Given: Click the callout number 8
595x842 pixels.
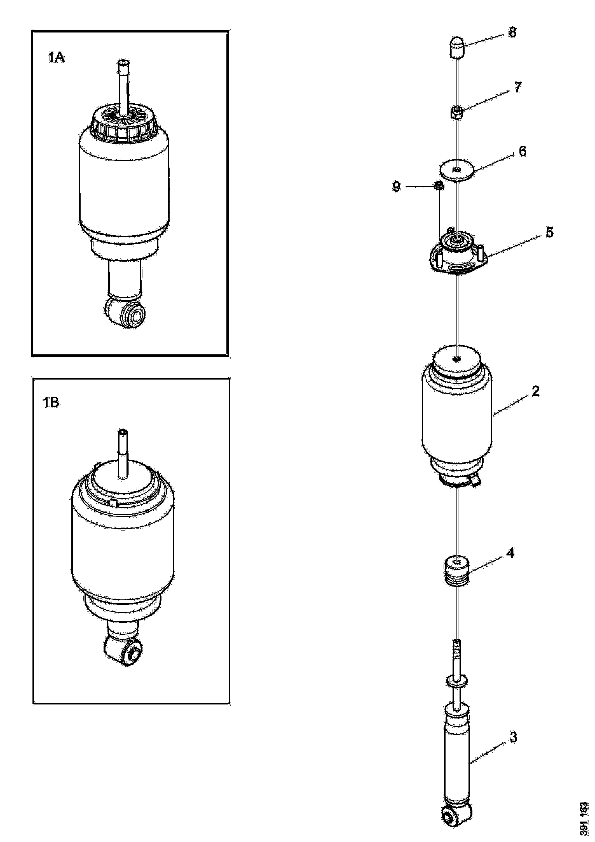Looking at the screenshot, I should pos(512,32).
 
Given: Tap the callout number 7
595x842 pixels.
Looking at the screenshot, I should pos(517,87).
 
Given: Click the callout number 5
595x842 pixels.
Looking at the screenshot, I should pos(549,232).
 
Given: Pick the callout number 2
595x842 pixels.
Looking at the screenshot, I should pos(535,391).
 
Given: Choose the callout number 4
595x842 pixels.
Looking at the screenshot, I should pos(511,562).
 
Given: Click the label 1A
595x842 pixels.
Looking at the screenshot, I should pos(56,58).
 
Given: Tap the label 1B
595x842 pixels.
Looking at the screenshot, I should pos(51,403).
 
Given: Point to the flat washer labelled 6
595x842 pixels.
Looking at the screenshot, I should pos(456,170).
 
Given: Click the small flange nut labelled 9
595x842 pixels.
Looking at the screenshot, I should pos(438,186).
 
